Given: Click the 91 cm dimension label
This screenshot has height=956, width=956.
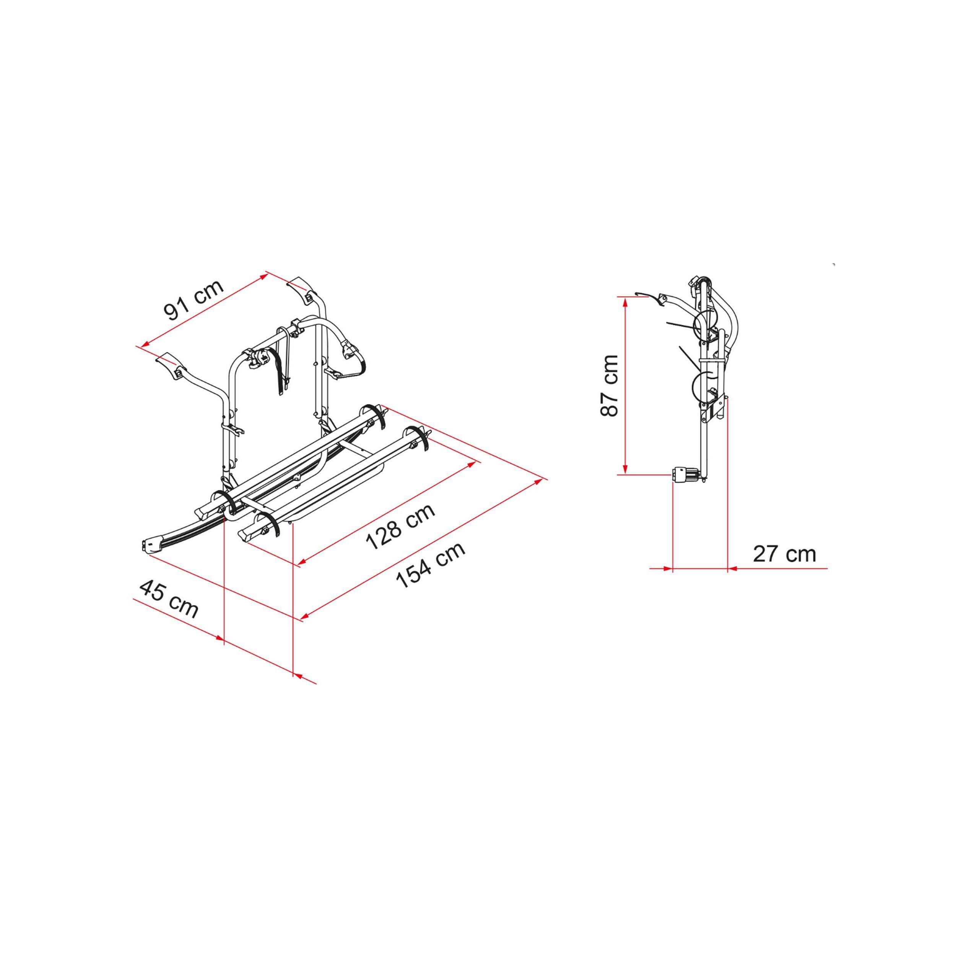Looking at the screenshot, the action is (194, 300).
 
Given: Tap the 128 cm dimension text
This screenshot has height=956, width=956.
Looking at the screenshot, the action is (400, 527).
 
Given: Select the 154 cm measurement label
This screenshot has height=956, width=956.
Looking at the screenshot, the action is (431, 564).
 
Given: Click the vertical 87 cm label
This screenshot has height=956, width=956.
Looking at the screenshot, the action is (609, 385).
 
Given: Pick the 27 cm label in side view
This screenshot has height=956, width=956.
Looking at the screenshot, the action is (784, 554).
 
